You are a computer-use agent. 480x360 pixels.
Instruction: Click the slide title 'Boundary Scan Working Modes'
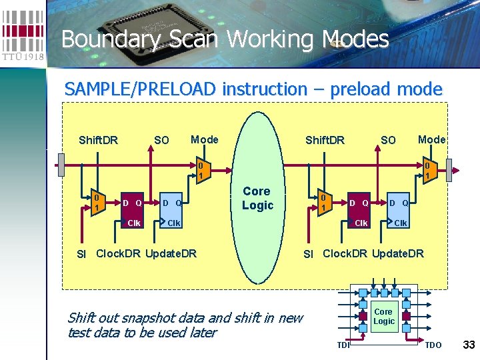coord(225,39)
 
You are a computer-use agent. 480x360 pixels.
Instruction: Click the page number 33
coord(468,345)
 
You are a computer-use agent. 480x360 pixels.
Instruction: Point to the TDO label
coord(433,345)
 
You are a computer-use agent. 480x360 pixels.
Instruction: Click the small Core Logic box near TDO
coord(383,316)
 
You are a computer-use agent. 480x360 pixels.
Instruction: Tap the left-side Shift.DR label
coord(98,140)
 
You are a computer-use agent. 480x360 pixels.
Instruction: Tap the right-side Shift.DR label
coord(325,140)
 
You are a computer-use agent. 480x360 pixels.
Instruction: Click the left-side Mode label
coord(204,139)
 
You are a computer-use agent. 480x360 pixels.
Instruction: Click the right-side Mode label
coord(431,139)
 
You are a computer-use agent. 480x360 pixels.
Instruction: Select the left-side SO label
coord(161,140)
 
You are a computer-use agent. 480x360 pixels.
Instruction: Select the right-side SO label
coord(388,140)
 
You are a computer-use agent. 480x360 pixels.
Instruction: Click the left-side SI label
coord(81,254)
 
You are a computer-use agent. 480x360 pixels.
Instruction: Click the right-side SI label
coord(308,254)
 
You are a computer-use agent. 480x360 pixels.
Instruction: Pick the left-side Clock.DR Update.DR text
coord(147,253)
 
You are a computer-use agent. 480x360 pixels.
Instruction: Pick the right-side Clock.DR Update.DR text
coord(373,253)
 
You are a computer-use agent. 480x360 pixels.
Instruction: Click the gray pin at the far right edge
coord(449,165)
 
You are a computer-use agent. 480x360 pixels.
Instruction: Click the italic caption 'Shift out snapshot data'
coord(185,325)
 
